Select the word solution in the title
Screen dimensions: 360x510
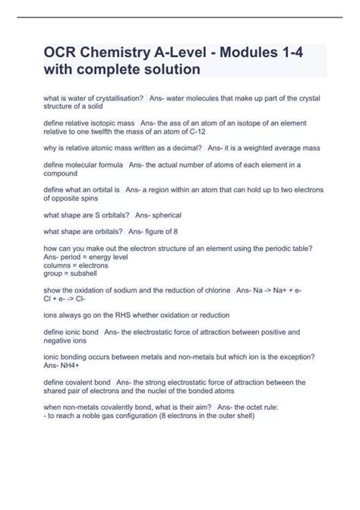point(166,69)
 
